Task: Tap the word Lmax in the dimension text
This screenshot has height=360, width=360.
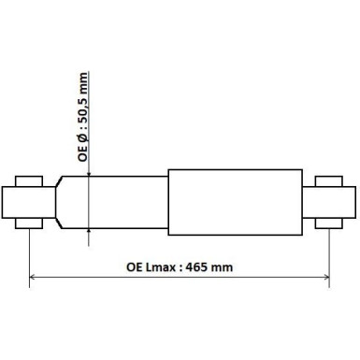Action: pos(162,266)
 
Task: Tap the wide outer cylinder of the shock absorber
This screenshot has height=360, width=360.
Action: pos(234,201)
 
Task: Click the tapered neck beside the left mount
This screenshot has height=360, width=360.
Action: pos(60,201)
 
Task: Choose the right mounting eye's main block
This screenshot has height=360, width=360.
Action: pos(334,201)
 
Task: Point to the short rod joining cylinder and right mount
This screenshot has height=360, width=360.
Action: pos(310,201)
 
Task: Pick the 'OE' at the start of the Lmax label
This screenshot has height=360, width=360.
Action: pos(135,266)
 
